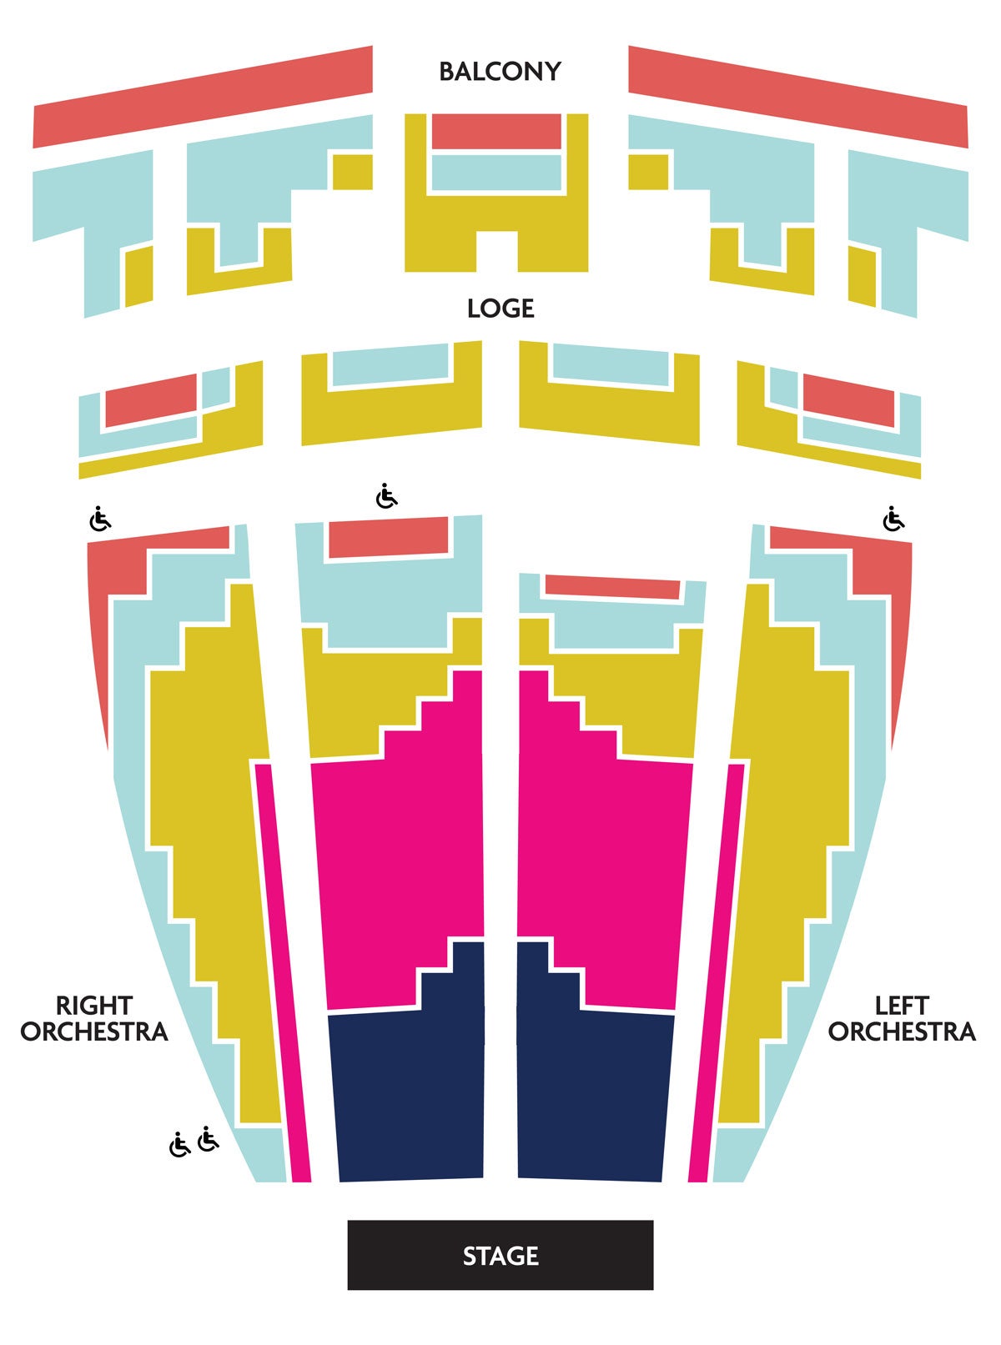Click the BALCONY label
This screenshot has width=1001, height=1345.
(x=500, y=72)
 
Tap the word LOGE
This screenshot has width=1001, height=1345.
(x=500, y=309)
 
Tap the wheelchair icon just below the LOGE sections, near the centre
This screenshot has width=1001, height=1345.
(x=386, y=496)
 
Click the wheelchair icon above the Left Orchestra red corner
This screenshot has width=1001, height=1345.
(x=893, y=519)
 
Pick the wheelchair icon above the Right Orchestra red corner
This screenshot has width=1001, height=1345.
(x=100, y=519)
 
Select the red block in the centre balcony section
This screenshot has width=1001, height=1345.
(x=496, y=132)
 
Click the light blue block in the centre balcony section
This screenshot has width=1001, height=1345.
(x=496, y=173)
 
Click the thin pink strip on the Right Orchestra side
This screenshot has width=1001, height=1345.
(x=283, y=973)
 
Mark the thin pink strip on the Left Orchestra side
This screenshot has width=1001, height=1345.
(x=717, y=973)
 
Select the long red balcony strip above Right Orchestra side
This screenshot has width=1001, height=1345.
(x=203, y=97)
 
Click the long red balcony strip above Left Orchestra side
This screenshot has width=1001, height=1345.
(x=798, y=97)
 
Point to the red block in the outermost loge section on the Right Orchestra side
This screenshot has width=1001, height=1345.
(x=152, y=400)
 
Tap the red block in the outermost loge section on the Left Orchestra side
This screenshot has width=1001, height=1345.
(x=848, y=400)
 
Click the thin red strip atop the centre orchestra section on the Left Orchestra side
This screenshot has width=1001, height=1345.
(x=613, y=586)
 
